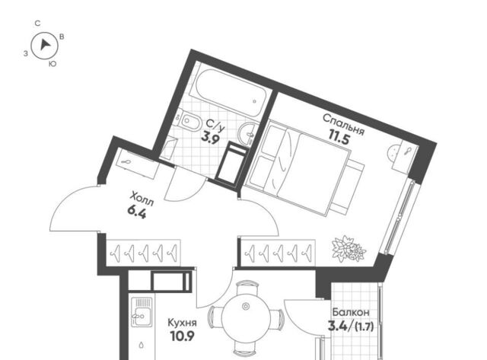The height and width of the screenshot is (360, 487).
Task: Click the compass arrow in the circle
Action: coord(45,46)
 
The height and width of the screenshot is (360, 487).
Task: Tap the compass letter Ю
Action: coord(53,64)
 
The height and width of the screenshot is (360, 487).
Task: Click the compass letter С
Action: coord(37,24)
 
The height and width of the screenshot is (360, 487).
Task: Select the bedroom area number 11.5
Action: coord(339,138)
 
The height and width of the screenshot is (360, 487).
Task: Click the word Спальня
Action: coord(343,124)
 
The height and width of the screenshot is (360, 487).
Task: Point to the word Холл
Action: coord(142,199)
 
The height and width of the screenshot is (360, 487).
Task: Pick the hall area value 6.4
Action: coord(137,212)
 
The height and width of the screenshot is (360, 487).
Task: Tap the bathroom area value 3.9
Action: coord(210,137)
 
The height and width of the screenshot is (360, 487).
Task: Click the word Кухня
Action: coord(182,323)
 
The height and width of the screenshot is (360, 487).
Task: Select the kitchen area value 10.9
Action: coord(183,336)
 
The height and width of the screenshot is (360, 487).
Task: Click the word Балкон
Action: coord(351,312)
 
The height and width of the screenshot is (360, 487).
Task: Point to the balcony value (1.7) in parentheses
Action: coord(364,327)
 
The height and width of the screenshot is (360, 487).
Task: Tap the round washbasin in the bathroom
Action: coord(247,134)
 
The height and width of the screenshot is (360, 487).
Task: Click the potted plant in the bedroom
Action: coord(349,248)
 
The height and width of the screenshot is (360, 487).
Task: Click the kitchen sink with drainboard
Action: coord(142,313)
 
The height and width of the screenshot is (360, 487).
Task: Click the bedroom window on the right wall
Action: coord(399,217)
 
